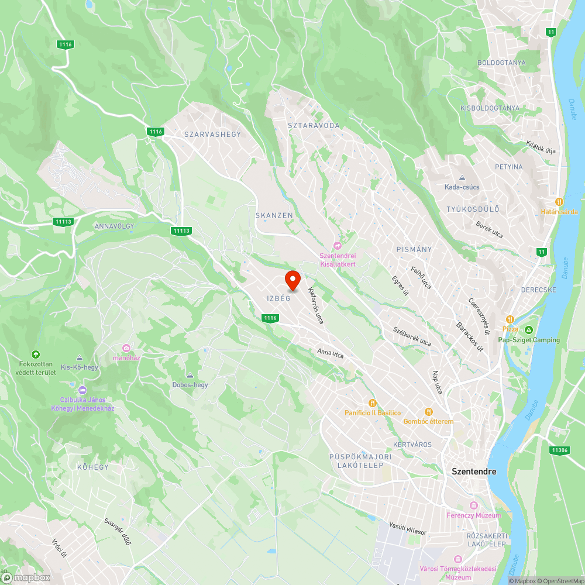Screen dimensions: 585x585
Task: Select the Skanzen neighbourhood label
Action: [274, 215]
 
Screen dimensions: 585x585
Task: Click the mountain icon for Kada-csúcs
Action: [462, 178]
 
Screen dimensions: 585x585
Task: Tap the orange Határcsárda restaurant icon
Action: [559, 201]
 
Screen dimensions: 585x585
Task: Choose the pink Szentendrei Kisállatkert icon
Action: [337, 245]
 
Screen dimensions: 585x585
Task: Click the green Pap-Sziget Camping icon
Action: [529, 330]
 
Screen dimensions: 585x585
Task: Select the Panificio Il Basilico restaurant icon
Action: [372, 402]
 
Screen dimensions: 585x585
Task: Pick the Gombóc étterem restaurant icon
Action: [428, 412]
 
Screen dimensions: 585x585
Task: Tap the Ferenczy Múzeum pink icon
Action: [474, 505]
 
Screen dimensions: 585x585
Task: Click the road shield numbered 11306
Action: [559, 450]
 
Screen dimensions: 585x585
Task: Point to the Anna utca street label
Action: [330, 354]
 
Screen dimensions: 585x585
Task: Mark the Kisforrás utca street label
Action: [315, 305]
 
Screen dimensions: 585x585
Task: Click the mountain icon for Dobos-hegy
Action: [190, 375]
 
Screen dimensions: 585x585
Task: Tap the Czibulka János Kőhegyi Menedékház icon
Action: [82, 390]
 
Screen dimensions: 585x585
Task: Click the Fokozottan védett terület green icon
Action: [36, 355]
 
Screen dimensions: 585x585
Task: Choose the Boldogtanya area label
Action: [501, 63]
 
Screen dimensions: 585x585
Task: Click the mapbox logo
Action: [26, 577]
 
